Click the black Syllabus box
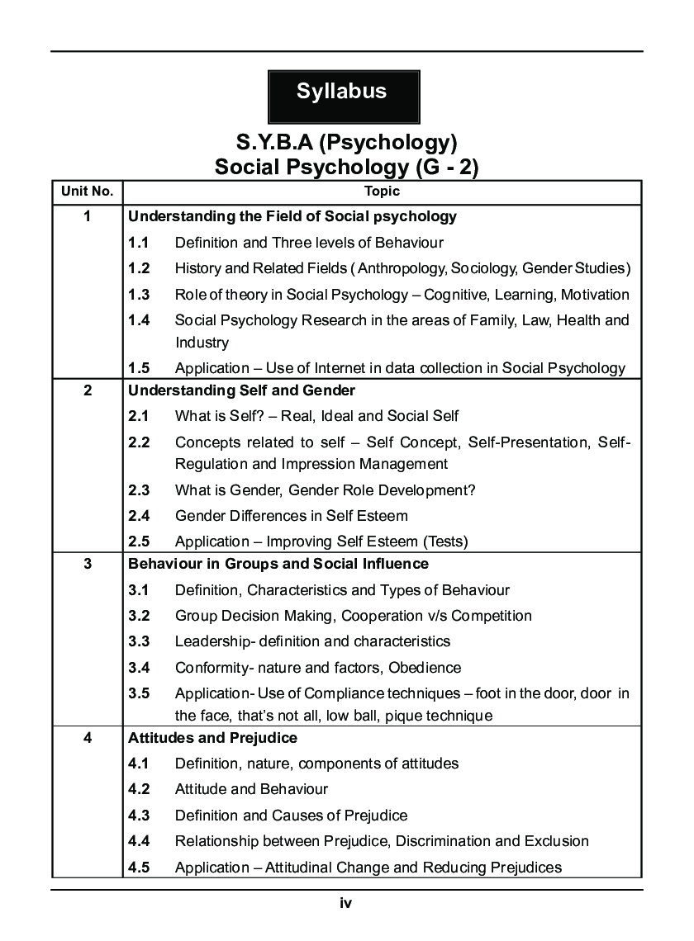coord(343,92)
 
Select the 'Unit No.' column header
coord(87,192)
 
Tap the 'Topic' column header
coord(382,192)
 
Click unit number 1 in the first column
coord(87,217)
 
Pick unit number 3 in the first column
coord(87,565)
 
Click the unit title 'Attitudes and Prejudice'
coord(212,738)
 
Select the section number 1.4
coord(139,320)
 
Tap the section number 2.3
coord(139,490)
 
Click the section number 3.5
coord(139,693)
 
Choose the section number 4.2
coord(139,790)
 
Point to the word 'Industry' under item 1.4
coord(202,343)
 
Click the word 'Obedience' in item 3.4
coord(427,668)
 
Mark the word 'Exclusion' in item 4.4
coord(556,842)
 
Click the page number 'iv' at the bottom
coord(346,904)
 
